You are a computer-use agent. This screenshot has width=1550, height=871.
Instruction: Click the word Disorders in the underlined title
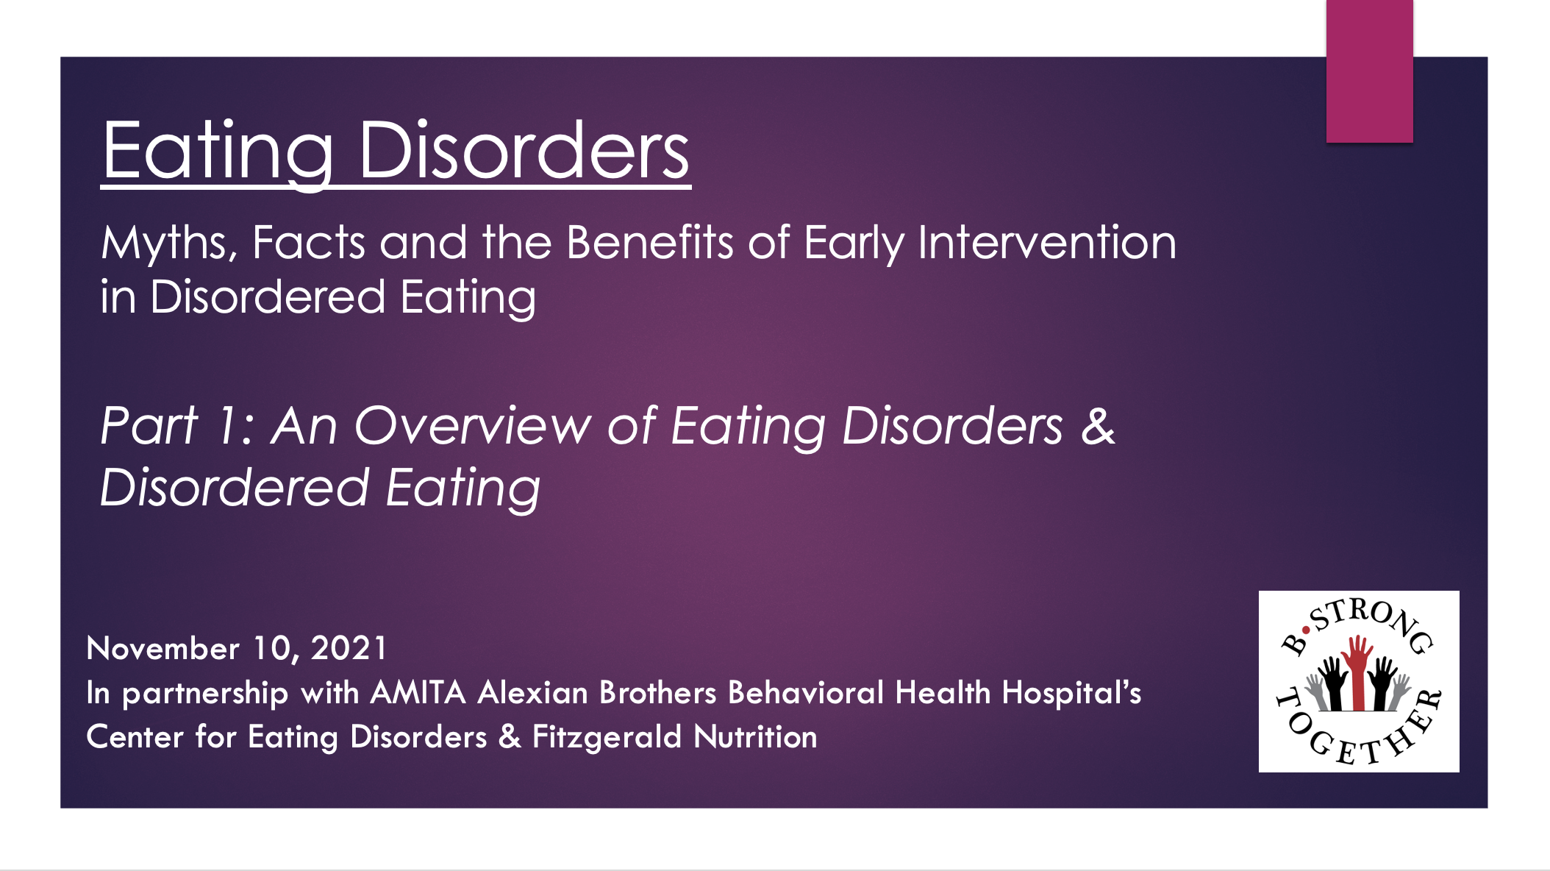click(524, 150)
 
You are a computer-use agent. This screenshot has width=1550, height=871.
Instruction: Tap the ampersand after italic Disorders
click(1098, 425)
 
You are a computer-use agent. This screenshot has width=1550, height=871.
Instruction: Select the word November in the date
click(162, 648)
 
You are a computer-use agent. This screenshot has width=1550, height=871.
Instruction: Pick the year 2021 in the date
click(349, 648)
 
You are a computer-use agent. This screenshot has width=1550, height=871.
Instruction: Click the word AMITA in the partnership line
click(418, 692)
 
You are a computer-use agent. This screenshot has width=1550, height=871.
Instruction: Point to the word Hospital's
click(1071, 692)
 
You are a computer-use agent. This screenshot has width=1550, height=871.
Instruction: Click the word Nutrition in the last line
click(755, 736)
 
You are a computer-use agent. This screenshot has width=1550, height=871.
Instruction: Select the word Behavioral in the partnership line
click(805, 692)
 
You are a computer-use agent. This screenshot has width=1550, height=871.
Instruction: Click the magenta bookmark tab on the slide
click(1369, 71)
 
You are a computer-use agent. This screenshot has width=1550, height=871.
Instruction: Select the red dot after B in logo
click(1306, 630)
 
